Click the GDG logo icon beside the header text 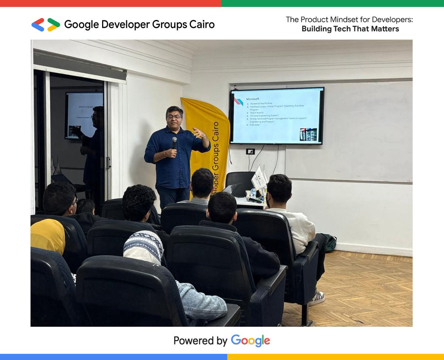(46, 25)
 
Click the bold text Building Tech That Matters (350, 29)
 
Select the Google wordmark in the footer (250, 340)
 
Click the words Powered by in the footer (200, 340)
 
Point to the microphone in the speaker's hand (174, 143)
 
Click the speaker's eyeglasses (174, 117)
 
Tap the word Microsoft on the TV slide (253, 99)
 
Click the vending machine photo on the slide (308, 135)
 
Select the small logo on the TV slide (239, 101)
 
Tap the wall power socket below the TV (250, 151)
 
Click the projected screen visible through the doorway (84, 115)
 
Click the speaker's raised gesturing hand (199, 133)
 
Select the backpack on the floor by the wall (329, 243)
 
